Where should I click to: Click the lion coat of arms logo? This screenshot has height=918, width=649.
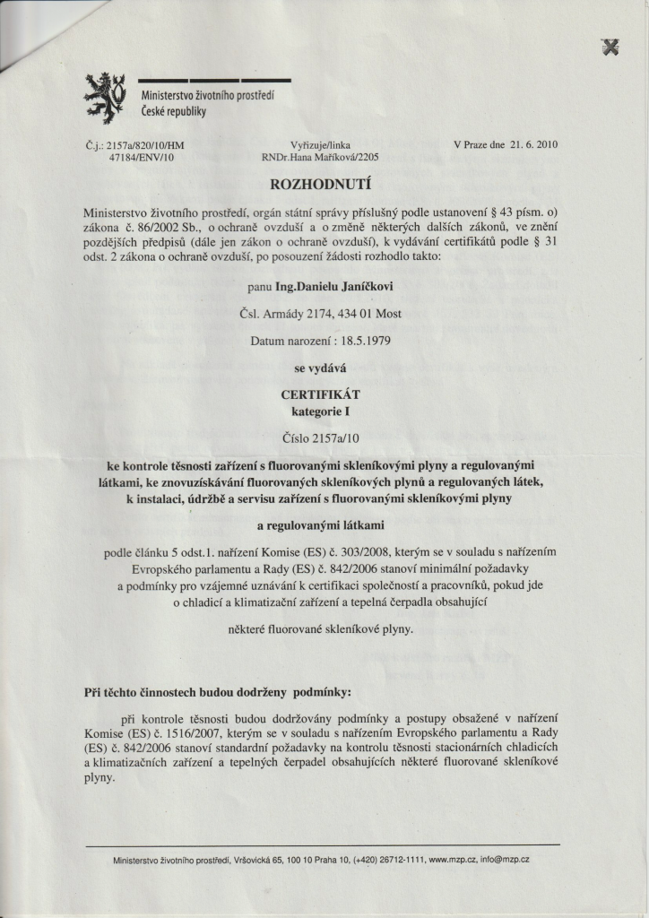pos(105,97)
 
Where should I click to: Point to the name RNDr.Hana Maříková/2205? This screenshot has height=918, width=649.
pos(320,156)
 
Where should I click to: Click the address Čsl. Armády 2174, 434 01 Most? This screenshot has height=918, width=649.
pos(321,314)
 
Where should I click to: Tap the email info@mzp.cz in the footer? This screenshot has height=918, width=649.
pos(505,860)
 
